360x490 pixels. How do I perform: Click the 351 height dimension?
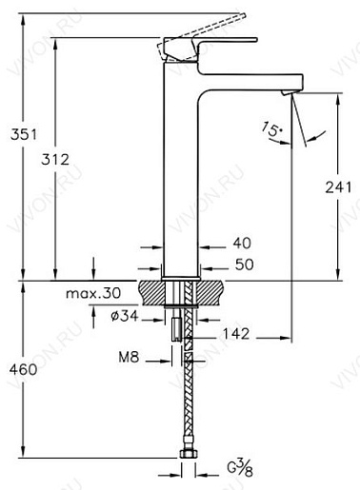coord(24,134)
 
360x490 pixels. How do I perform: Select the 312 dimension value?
coord(55,159)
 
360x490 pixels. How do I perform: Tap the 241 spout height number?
coord(338,187)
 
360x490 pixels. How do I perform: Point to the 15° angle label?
coord(271,129)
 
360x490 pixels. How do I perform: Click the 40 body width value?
coord(242,244)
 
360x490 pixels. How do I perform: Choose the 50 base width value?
coord(244,265)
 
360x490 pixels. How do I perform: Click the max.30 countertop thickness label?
coord(93,293)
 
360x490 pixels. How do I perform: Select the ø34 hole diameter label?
coord(125,316)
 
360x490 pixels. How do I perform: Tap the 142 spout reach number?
coord(235,334)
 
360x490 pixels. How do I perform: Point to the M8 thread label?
coord(129,358)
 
